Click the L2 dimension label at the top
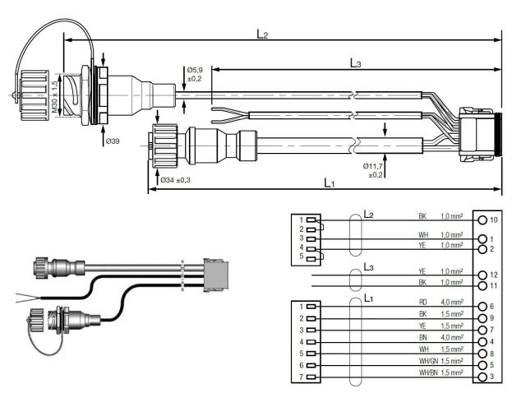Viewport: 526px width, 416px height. (x=262, y=35)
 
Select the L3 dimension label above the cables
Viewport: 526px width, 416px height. (x=356, y=62)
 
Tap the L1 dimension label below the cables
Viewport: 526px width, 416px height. (x=328, y=183)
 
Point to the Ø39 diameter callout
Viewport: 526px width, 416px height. (x=113, y=141)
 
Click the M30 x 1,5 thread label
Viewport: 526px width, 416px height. (x=55, y=97)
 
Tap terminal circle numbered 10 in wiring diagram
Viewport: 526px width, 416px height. (x=482, y=220)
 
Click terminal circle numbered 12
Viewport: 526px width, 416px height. (x=482, y=274)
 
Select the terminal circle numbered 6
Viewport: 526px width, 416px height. (x=482, y=306)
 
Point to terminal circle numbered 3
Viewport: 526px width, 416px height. (x=482, y=376)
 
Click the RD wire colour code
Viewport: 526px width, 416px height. (x=422, y=303)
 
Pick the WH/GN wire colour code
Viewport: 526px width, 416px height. (x=425, y=361)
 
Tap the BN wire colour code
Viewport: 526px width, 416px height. (x=422, y=338)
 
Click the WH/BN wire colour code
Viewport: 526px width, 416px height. (x=425, y=373)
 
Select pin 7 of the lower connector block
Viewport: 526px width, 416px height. (x=311, y=376)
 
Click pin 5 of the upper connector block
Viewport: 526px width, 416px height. (x=311, y=256)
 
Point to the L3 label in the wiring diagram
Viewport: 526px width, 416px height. (x=368, y=268)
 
